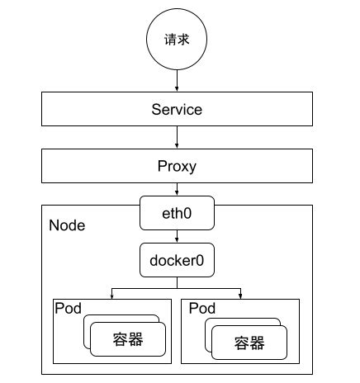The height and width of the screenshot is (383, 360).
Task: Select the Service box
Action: pos(177,109)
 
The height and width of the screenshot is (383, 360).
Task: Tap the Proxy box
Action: pos(177,166)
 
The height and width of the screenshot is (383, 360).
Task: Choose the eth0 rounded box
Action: pos(177,212)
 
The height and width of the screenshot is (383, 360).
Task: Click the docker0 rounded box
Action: pos(177,261)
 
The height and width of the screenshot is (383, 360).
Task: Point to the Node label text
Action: pos(67,225)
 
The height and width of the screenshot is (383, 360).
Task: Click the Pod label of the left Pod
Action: pos(67,308)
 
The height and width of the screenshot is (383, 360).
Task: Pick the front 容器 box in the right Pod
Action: pos(249,342)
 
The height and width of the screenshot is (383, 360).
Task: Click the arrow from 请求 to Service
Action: pos(177,80)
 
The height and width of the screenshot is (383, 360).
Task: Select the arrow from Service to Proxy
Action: pos(177,137)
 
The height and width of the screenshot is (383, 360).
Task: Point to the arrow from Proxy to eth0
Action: pos(177,190)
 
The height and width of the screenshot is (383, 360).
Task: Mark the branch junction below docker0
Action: pos(177,287)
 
